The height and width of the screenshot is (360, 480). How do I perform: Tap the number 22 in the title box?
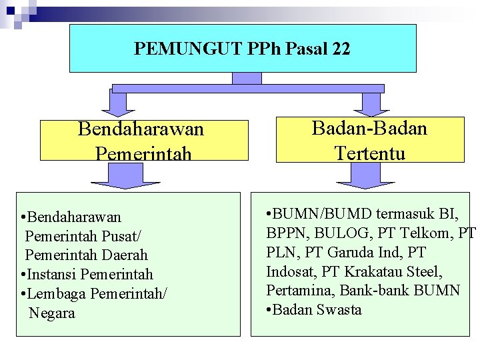339,49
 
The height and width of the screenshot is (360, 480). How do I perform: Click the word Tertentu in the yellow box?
370,153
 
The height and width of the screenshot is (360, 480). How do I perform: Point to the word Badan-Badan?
369,128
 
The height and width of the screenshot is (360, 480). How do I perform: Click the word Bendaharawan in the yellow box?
141,128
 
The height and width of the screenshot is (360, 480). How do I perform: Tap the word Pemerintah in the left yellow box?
143,154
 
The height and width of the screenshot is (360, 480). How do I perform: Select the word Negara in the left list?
52,313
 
